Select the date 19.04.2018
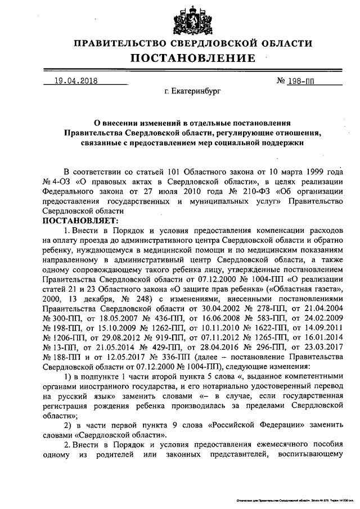72,80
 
